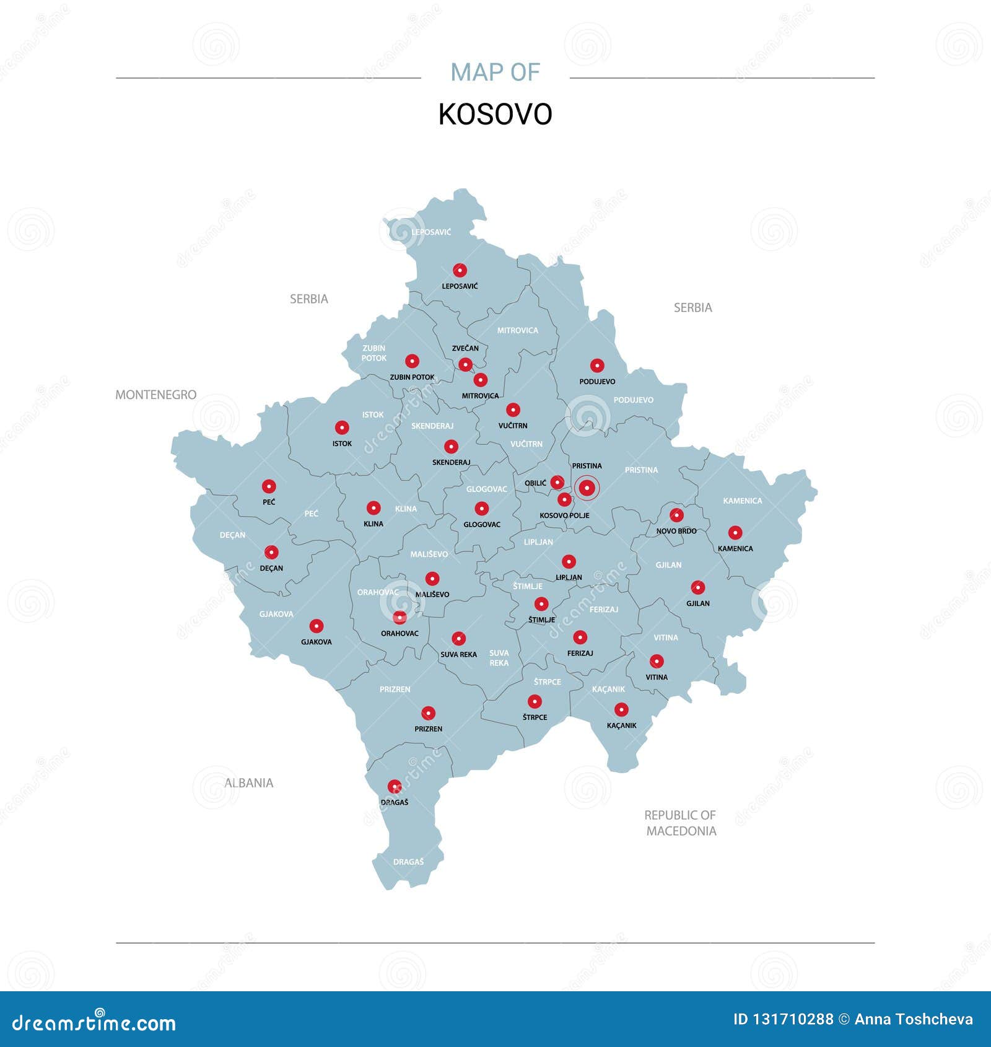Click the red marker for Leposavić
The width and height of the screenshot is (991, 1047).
pos(460,270)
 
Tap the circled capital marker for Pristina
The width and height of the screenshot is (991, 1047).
pos(587,488)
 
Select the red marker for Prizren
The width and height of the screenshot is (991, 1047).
pos(428,713)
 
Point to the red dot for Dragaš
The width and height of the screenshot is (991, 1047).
pos(395,787)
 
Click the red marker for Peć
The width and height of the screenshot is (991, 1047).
pos(268,486)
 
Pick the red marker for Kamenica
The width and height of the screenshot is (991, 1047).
pos(735,533)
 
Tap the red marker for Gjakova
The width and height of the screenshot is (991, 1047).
pos(317,626)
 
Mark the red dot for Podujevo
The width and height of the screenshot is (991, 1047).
pos(597,366)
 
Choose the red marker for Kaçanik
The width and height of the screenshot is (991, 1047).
pos(621,710)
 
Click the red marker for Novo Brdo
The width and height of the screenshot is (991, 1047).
pos(677,515)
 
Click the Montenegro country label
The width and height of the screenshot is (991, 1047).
pos(156,395)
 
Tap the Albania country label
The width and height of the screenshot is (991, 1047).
pos(248,783)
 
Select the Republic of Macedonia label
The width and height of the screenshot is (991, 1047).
pos(681,823)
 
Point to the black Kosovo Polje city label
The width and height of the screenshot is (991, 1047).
pos(564,515)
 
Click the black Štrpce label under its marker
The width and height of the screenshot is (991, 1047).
pos(535,717)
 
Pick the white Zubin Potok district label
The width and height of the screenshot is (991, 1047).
pos(373,353)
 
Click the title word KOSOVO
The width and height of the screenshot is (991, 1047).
pos(495,115)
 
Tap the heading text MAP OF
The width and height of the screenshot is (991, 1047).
pos(495,72)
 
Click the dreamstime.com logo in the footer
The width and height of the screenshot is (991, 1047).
pos(94,1023)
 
